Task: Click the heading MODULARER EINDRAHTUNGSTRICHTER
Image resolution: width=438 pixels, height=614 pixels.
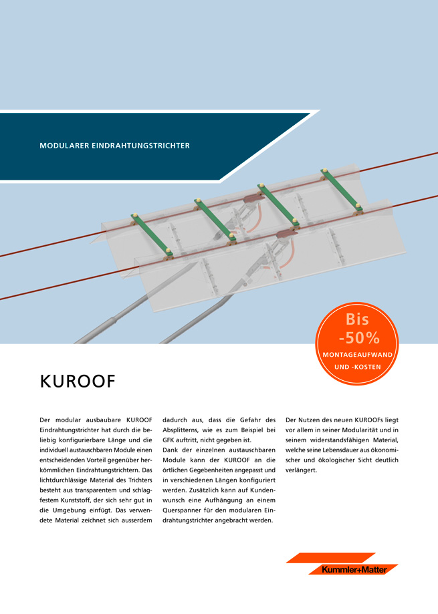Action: pyautogui.click(x=115, y=145)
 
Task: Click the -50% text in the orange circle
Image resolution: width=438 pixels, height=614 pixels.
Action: pyautogui.click(x=358, y=337)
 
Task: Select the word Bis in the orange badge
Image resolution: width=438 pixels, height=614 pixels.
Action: pyautogui.click(x=358, y=319)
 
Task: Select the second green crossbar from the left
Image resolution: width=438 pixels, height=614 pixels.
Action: pyautogui.click(x=214, y=218)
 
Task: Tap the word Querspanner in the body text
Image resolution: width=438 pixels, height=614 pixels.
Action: pyautogui.click(x=189, y=511)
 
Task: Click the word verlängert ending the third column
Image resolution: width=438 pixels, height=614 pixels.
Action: pyautogui.click(x=301, y=470)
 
